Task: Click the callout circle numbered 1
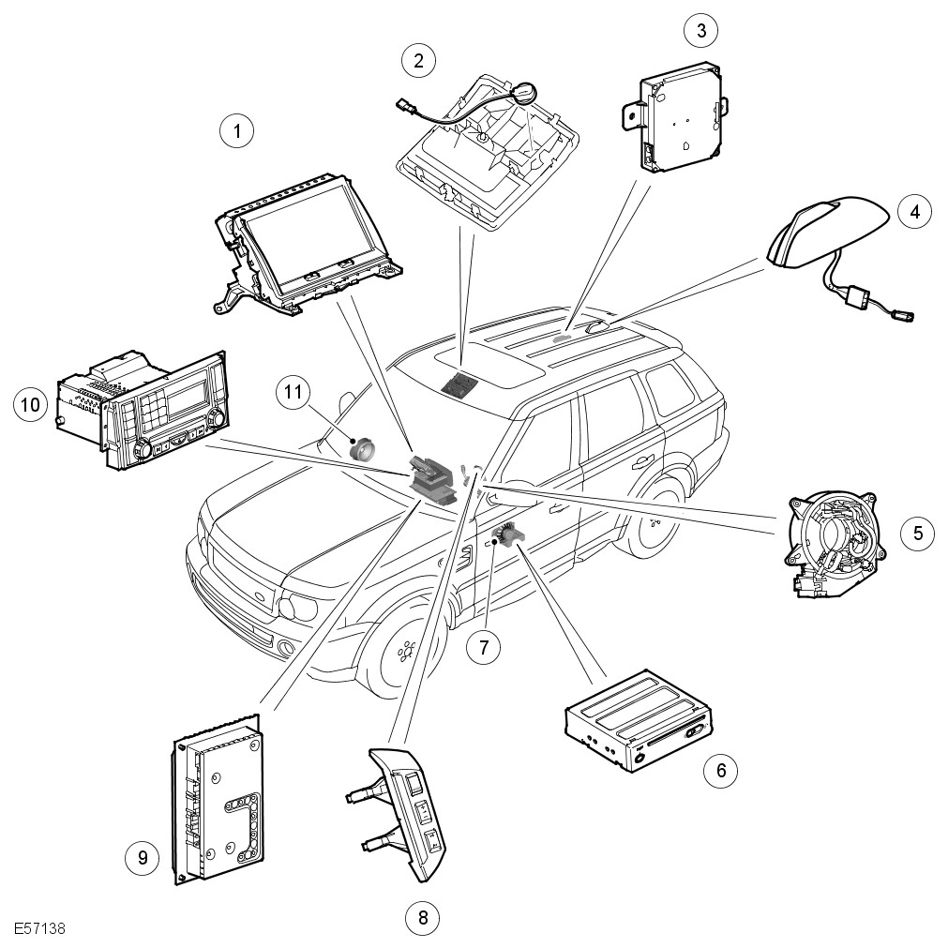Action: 237,131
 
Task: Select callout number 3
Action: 700,31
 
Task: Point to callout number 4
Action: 915,211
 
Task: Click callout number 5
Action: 918,534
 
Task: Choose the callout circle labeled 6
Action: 721,771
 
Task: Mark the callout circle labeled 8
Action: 423,917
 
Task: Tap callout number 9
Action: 143,856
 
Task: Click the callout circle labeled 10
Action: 31,405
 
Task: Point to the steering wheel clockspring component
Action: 834,544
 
